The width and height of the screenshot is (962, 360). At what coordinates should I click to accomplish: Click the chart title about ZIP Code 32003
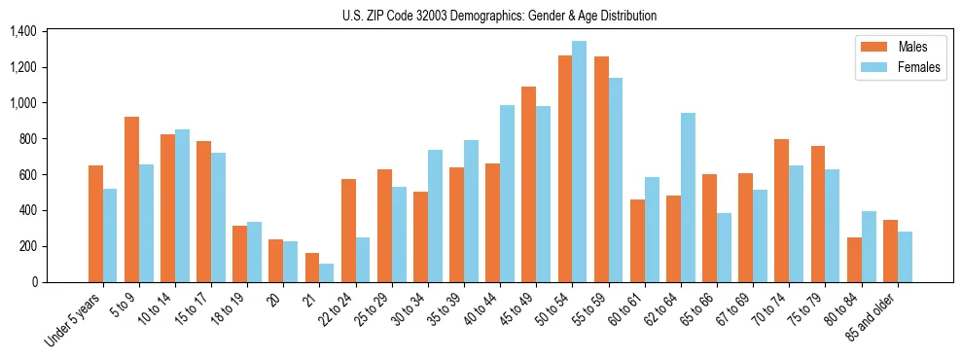[x=499, y=16]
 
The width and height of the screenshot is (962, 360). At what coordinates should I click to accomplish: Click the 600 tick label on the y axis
[x=27, y=175]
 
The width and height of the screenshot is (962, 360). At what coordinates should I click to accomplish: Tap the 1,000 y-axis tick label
[x=22, y=103]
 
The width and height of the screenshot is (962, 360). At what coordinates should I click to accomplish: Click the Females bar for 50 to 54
[x=579, y=162]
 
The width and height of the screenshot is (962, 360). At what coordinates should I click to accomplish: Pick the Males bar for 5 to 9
[x=131, y=199]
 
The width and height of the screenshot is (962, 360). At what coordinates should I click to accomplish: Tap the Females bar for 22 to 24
[x=363, y=260]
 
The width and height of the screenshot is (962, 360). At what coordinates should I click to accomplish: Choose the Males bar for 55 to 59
[x=601, y=169]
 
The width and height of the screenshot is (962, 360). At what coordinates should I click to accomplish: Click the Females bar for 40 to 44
[x=507, y=194]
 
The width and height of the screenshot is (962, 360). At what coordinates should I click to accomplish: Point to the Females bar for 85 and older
[x=905, y=257]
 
